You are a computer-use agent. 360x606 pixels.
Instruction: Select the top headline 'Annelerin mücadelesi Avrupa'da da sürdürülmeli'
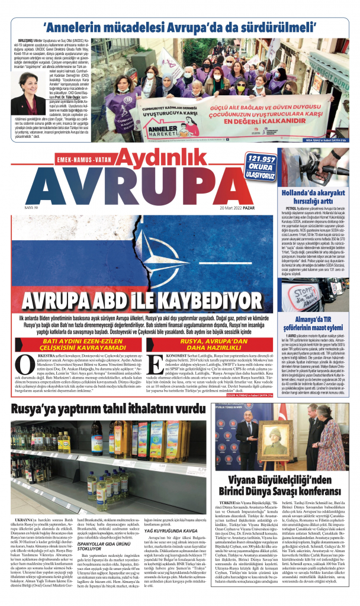coord(178,28)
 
